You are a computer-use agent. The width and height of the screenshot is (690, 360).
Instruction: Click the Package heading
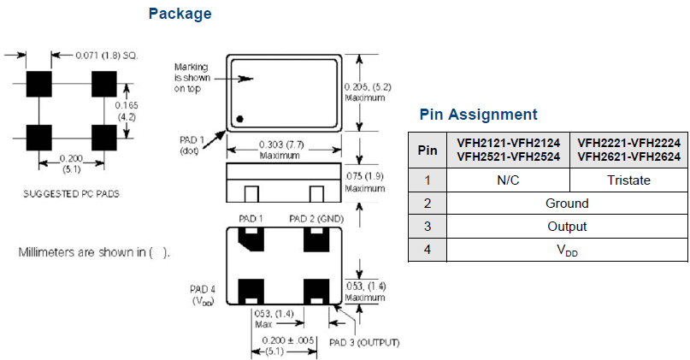(x=179, y=14)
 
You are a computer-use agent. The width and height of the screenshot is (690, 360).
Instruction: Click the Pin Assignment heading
(x=479, y=115)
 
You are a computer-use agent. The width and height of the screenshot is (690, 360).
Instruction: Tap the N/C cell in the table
(x=509, y=180)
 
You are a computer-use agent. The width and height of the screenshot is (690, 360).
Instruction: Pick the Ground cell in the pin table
(x=567, y=204)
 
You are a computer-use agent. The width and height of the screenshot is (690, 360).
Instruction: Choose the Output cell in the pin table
(x=567, y=227)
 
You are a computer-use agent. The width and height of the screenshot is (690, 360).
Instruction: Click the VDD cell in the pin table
(x=567, y=250)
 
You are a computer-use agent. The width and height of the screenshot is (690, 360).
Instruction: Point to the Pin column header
(x=428, y=150)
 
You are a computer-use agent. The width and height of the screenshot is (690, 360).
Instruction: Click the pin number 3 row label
(x=428, y=227)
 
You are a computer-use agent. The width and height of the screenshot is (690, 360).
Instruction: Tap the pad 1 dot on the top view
(x=241, y=118)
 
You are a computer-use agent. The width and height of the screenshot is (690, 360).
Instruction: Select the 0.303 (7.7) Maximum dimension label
(x=280, y=150)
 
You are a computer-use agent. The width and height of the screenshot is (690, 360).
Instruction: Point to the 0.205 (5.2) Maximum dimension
(x=367, y=92)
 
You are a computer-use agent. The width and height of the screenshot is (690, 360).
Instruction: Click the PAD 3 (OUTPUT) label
(x=364, y=343)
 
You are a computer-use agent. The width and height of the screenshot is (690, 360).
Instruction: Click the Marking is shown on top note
(x=193, y=77)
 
